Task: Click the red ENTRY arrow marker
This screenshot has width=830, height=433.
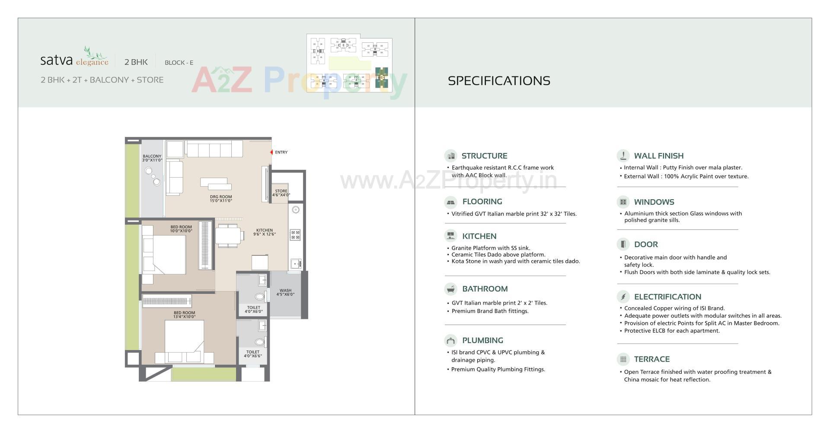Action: point(271,152)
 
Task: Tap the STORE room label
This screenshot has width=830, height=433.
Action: point(281,193)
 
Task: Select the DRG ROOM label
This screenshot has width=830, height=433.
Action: point(221,199)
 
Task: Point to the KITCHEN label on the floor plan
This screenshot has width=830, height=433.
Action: point(264,232)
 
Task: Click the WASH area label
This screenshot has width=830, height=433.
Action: point(285,293)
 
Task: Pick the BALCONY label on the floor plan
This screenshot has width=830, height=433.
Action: point(152,158)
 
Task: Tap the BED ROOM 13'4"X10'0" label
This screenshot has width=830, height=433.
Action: point(185,315)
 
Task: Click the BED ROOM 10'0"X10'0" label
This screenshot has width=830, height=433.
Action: point(181,229)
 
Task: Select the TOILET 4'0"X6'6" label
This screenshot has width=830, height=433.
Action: point(252,354)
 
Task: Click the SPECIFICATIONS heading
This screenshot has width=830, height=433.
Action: point(499,81)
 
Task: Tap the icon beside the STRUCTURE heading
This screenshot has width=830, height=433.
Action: point(450,156)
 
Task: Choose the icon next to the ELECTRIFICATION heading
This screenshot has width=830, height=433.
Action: point(623,296)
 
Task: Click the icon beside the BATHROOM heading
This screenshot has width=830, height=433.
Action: point(450,289)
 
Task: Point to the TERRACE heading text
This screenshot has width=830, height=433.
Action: point(651,359)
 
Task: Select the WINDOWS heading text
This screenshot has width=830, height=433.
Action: point(654,202)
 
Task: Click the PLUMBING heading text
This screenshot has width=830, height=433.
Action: point(482,341)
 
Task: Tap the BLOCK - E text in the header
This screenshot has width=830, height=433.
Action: point(179,63)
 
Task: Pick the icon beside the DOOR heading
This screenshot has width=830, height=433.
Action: point(623,244)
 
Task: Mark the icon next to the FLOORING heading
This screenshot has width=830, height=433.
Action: point(450,202)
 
